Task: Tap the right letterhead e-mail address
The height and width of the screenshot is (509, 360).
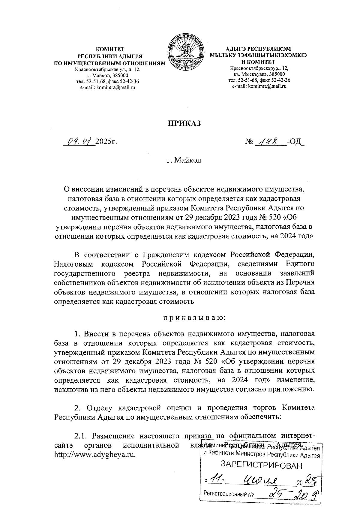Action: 259,86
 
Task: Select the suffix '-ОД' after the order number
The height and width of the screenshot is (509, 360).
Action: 295,141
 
